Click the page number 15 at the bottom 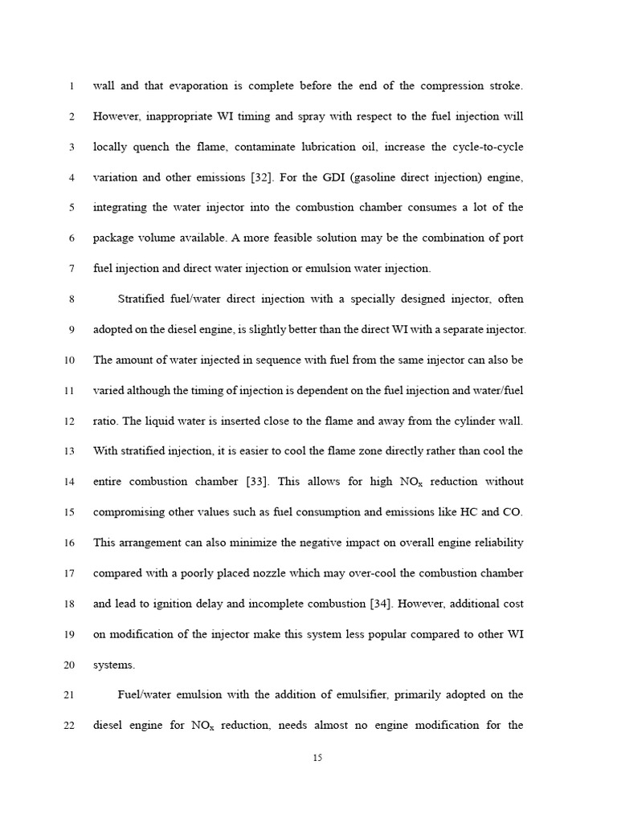click(x=317, y=757)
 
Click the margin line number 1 click(x=72, y=86)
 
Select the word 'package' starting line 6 click(x=115, y=238)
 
